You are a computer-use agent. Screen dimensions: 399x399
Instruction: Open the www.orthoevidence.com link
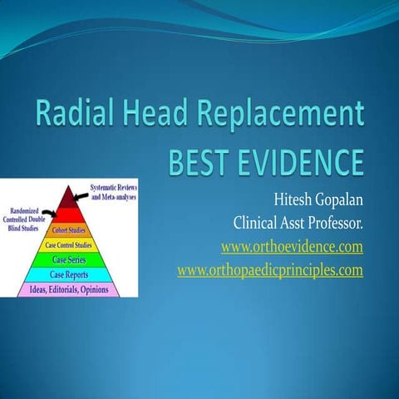(292, 247)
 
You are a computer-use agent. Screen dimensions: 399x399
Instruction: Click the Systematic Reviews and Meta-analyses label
(113, 192)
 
